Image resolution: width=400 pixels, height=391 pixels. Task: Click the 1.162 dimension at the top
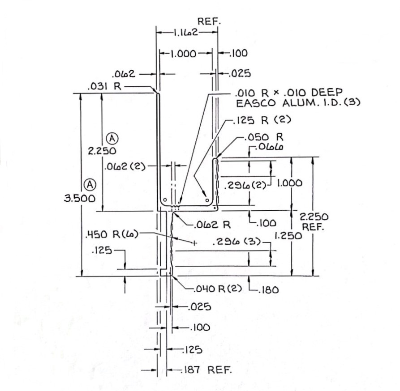[x=186, y=32]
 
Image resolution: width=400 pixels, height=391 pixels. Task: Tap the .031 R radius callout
[x=104, y=87]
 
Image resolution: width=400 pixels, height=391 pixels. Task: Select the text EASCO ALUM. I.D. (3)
[x=298, y=103]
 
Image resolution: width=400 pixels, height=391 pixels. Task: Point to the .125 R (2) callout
[x=262, y=120]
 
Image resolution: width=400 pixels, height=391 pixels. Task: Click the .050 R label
[x=264, y=137]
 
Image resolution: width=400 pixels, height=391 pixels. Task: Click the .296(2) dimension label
[x=245, y=186]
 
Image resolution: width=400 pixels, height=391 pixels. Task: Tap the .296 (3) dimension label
[x=237, y=242]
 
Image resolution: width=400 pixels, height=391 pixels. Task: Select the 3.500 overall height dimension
[x=80, y=198]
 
